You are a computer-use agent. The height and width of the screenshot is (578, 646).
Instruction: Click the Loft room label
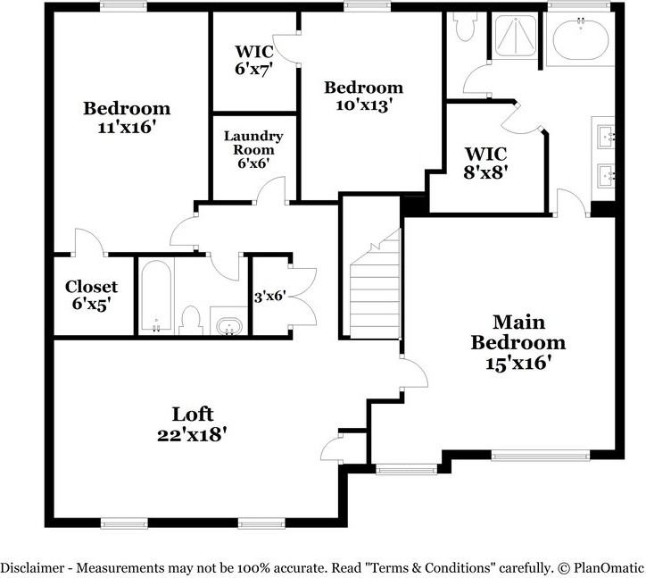tap(193, 414)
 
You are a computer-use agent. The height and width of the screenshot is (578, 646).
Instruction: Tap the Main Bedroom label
tap(518, 331)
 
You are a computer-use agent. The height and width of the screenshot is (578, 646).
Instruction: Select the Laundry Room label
tap(253, 143)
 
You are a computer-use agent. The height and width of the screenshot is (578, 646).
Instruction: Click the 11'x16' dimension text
tap(127, 128)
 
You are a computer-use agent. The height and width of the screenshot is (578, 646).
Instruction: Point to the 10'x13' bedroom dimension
tap(363, 105)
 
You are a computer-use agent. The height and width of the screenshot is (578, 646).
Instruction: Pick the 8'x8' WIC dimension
tap(485, 172)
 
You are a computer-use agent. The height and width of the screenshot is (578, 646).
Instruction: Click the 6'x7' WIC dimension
tap(253, 68)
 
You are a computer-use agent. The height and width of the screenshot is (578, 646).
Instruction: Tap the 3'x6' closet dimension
tap(269, 296)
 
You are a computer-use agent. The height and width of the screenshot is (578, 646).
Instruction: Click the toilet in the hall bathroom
tap(190, 320)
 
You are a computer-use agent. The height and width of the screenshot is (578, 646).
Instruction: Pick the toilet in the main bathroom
tap(461, 28)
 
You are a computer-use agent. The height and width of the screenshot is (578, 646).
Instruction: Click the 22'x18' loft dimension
tap(193, 435)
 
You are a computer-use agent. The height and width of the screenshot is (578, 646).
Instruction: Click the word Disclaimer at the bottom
tap(35, 567)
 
